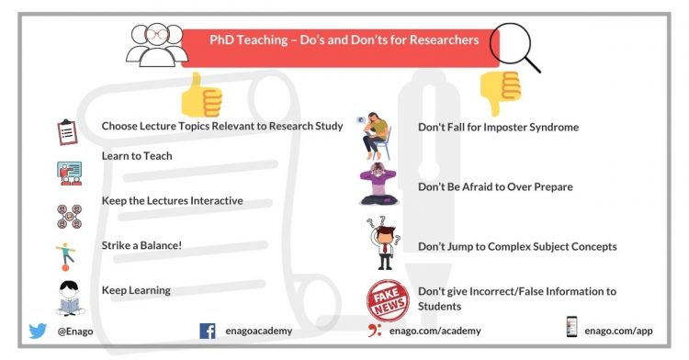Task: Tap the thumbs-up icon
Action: [200, 92]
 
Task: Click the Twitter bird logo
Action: [37, 331]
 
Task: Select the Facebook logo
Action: [207, 331]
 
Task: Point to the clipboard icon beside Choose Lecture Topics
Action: [65, 132]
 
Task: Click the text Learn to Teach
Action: [137, 156]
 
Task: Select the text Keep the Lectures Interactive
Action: [172, 200]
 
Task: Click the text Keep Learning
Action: [136, 290]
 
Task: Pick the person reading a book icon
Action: [68, 296]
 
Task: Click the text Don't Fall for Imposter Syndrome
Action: [498, 127]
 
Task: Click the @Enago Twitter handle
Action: [74, 331]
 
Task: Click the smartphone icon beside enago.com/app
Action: [571, 328]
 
